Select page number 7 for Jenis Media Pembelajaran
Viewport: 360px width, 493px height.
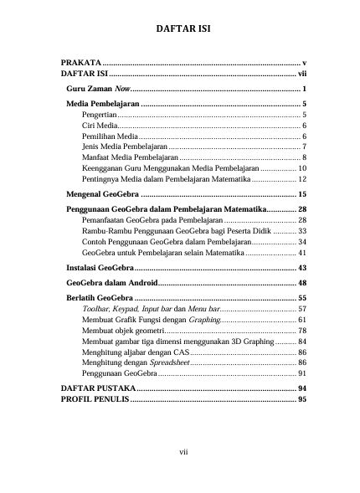point(303,146)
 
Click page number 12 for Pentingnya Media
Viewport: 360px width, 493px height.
point(301,179)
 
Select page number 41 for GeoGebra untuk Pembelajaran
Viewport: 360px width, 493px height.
point(301,252)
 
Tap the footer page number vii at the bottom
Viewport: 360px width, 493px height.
point(181,453)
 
